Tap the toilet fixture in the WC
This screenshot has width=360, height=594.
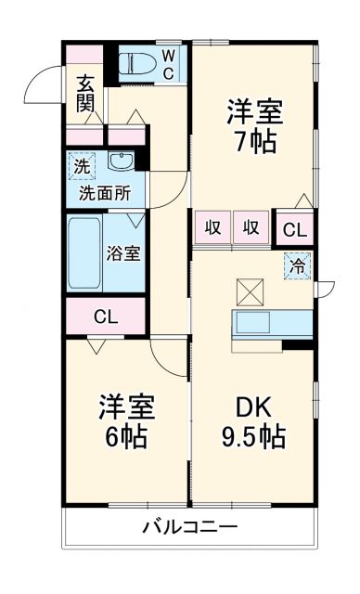pyautogui.click(x=140, y=62)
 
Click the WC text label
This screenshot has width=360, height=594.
pyautogui.click(x=168, y=62)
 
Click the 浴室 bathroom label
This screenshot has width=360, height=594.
pyautogui.click(x=122, y=252)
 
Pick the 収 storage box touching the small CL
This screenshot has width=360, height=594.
pyautogui.click(x=251, y=227)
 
